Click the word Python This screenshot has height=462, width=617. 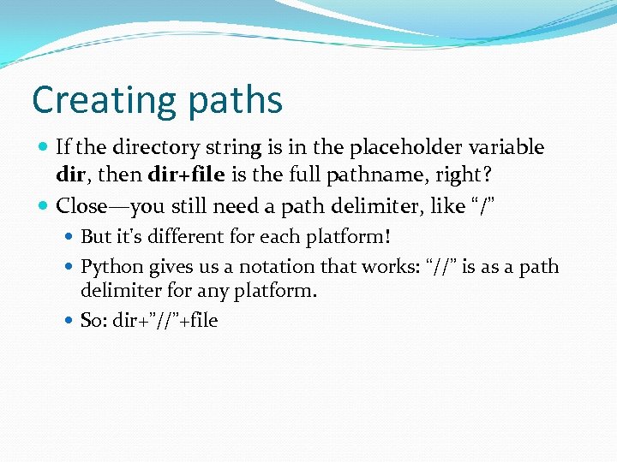(x=112, y=266)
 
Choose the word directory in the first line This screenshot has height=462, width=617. (x=147, y=147)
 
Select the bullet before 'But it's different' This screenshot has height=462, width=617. (x=70, y=236)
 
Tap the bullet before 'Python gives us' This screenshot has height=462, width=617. (x=70, y=266)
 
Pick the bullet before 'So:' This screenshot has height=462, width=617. (x=70, y=321)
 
